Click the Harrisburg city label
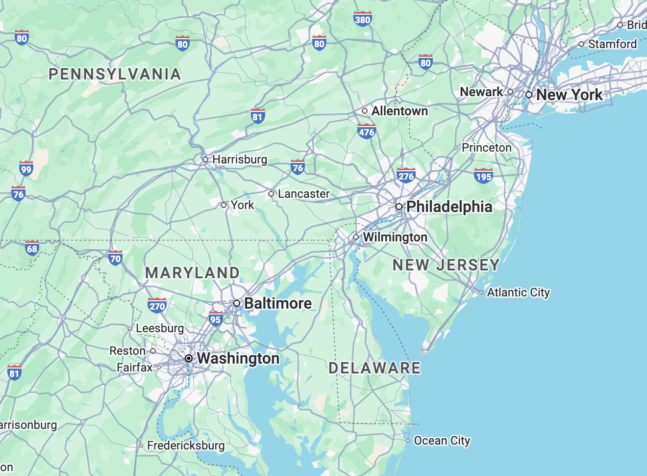(x=239, y=159)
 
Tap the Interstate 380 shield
(x=362, y=19)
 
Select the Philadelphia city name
(x=449, y=207)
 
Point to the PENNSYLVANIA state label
(x=115, y=74)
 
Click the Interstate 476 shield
(x=366, y=132)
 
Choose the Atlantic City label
(x=518, y=292)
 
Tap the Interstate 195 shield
(x=483, y=176)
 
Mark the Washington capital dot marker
(x=189, y=358)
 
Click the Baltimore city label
(x=278, y=303)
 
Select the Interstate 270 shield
(x=157, y=306)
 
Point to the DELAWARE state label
(x=374, y=368)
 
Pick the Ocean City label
(x=442, y=441)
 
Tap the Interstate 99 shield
(x=26, y=169)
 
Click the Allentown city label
(x=399, y=111)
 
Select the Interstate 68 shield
(x=32, y=248)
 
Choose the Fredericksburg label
(x=186, y=446)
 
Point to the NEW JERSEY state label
(x=446, y=265)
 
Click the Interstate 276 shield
(x=406, y=176)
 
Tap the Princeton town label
(x=486, y=148)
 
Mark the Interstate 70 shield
(x=115, y=258)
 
